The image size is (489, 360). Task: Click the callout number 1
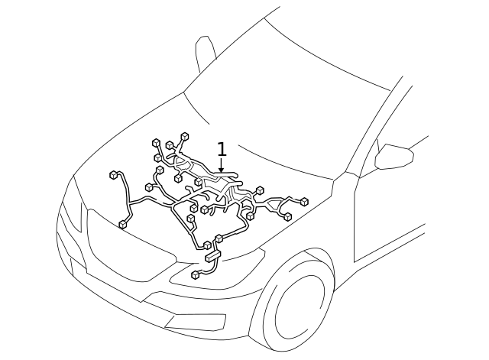[222, 149]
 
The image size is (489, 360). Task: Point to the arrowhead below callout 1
[222, 171]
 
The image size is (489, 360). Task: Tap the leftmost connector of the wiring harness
[114, 175]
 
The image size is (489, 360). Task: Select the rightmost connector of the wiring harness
[304, 202]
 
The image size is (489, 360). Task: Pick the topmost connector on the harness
[185, 136]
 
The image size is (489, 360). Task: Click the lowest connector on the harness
[196, 274]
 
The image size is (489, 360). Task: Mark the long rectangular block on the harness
[212, 255]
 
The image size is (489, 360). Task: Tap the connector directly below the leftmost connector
[122, 224]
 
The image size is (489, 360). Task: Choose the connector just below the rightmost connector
[287, 217]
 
